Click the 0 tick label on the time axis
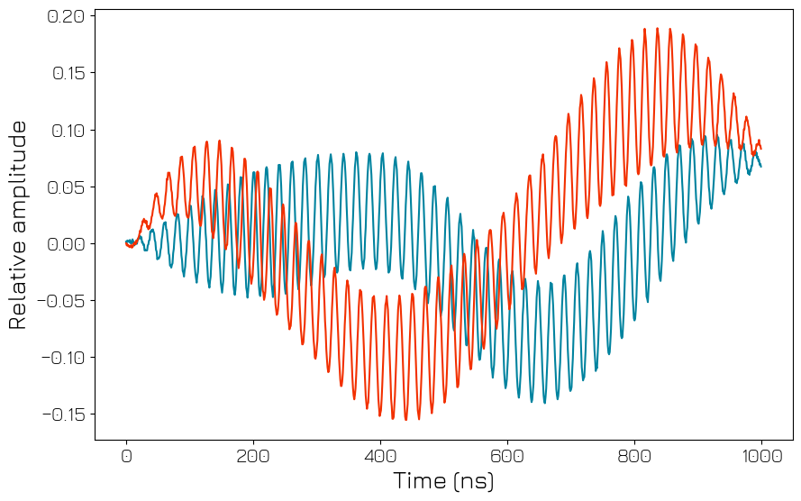(x=126, y=455)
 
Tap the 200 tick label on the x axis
(x=253, y=455)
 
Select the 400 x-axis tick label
(x=380, y=455)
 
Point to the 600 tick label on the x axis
(x=507, y=455)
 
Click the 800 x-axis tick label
(x=634, y=455)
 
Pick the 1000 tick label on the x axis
(x=761, y=455)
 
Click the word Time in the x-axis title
(x=419, y=482)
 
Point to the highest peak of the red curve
(x=658, y=28)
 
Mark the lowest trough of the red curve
(x=405, y=419)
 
